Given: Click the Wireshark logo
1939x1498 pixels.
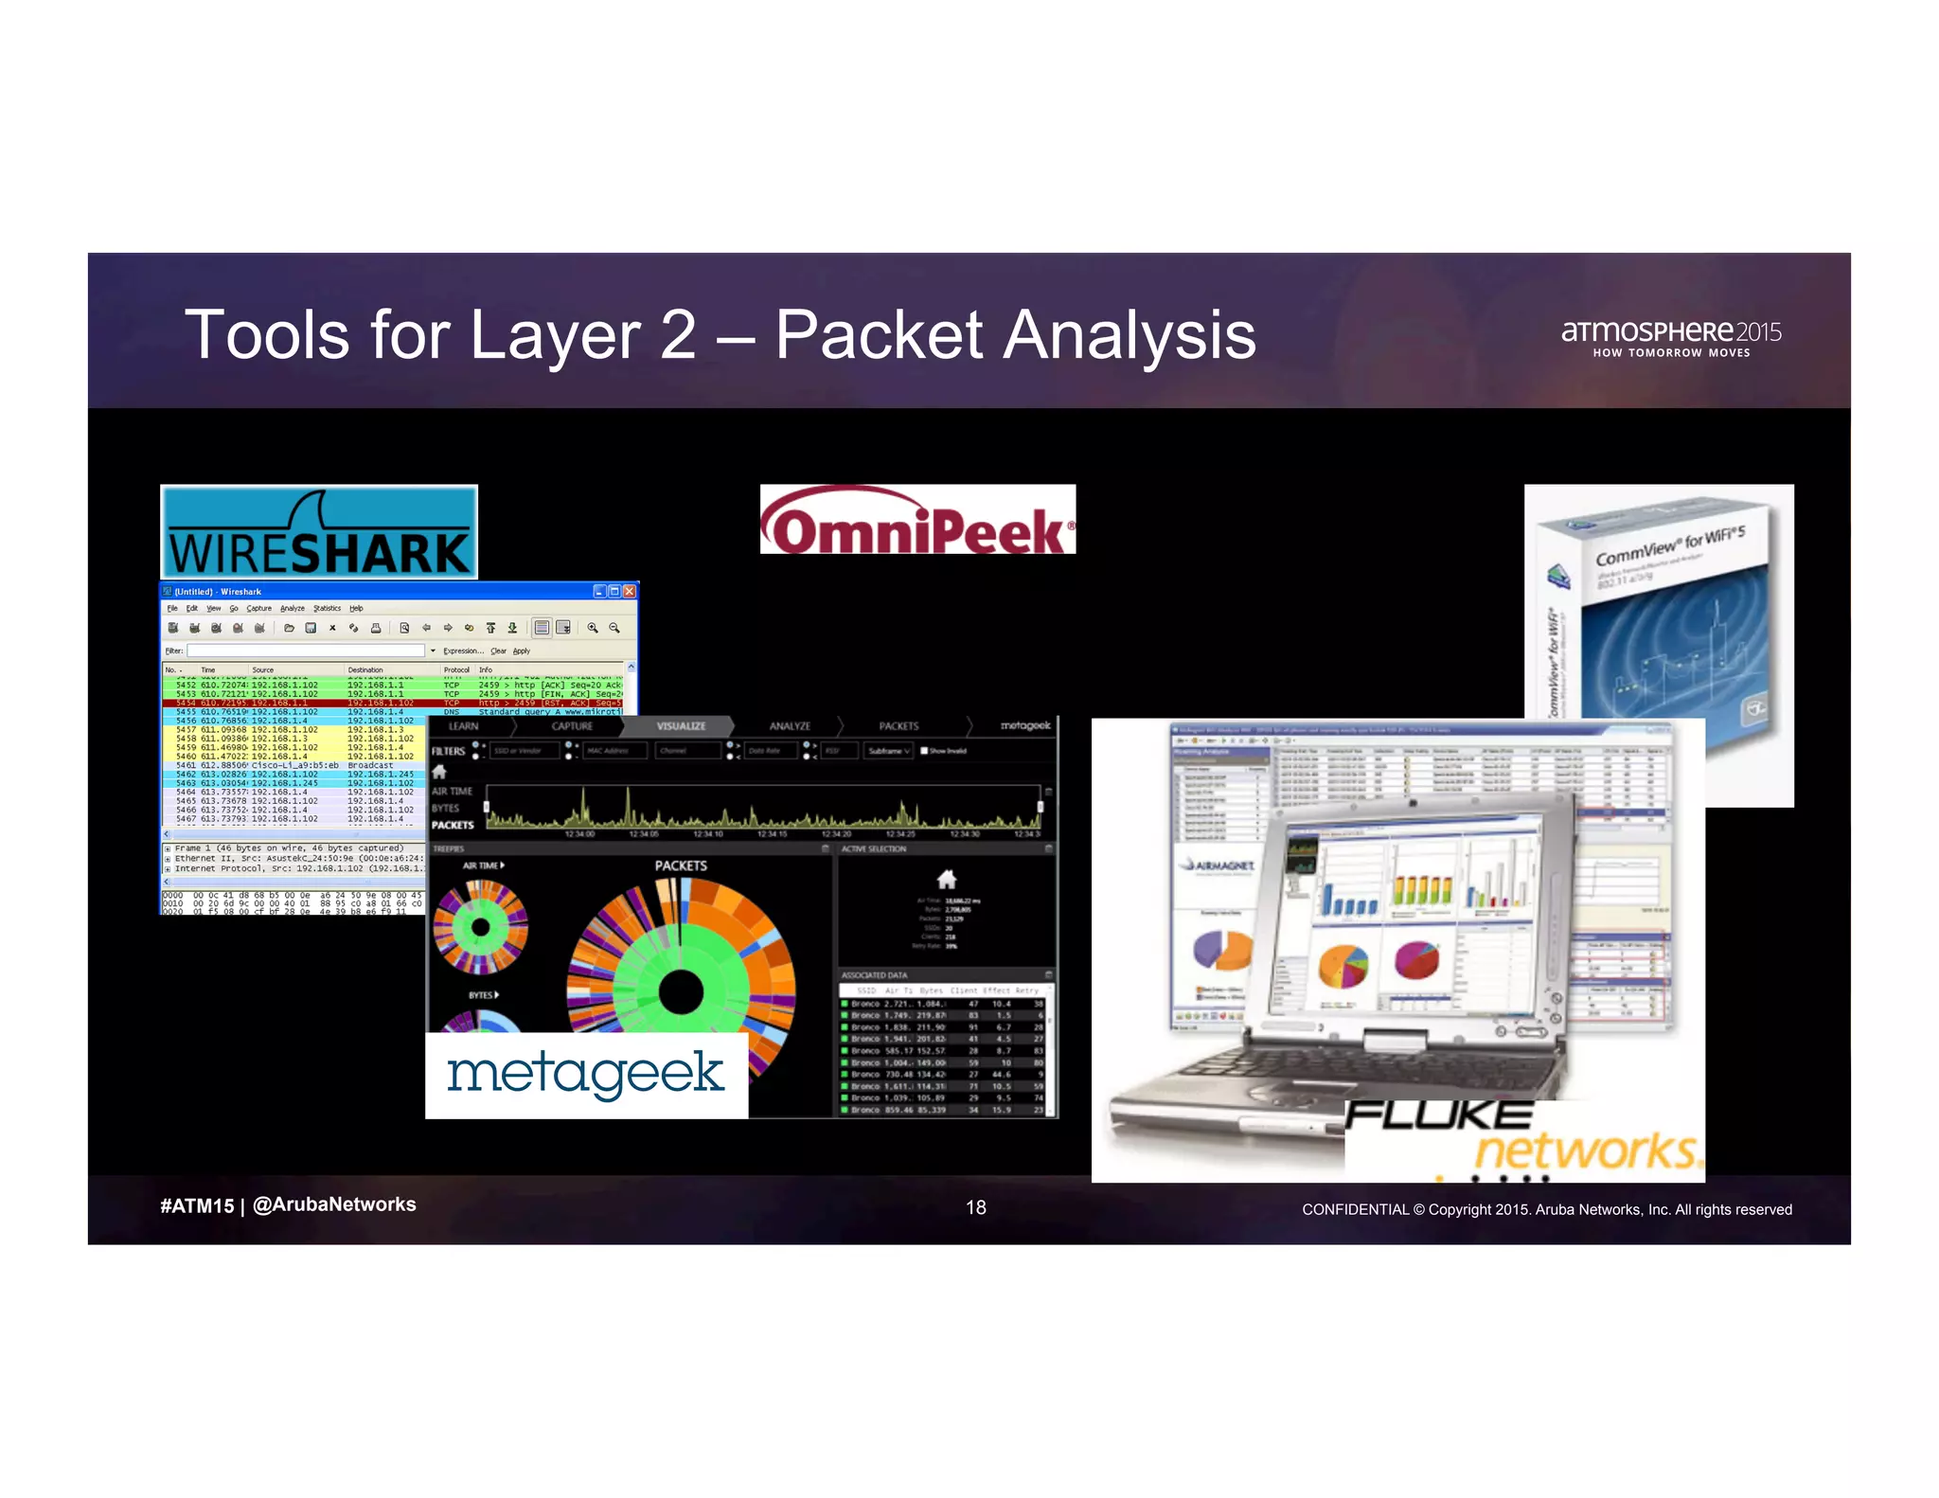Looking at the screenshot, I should pos(319,533).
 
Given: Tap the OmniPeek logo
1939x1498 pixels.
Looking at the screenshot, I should pos(916,520).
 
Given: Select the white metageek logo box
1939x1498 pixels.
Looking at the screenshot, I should pos(586,1075).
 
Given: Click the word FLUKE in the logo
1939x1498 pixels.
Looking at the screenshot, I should pos(1438,1115).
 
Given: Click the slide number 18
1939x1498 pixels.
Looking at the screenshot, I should pos(975,1207).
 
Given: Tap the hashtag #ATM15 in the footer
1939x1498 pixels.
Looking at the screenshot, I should pos(197,1205).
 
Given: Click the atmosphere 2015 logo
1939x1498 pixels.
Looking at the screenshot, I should pos(1671,336).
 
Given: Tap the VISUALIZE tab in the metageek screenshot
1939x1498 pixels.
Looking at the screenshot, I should pos(681,726).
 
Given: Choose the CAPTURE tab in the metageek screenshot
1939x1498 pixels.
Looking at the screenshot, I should pos(572,726).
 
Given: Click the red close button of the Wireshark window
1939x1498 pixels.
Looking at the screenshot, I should pos(630,591).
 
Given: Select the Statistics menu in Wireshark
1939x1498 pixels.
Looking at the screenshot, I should pos(327,608).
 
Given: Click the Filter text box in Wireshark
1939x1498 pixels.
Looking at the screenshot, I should pos(305,651).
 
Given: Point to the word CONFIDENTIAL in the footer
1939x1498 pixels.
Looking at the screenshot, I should pos(1355,1209).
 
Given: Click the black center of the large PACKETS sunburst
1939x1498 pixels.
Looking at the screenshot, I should pos(679,992).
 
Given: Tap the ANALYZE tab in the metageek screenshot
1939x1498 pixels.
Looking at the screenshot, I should pos(790,726).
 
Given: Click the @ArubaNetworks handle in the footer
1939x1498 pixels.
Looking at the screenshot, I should pos(334,1204).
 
